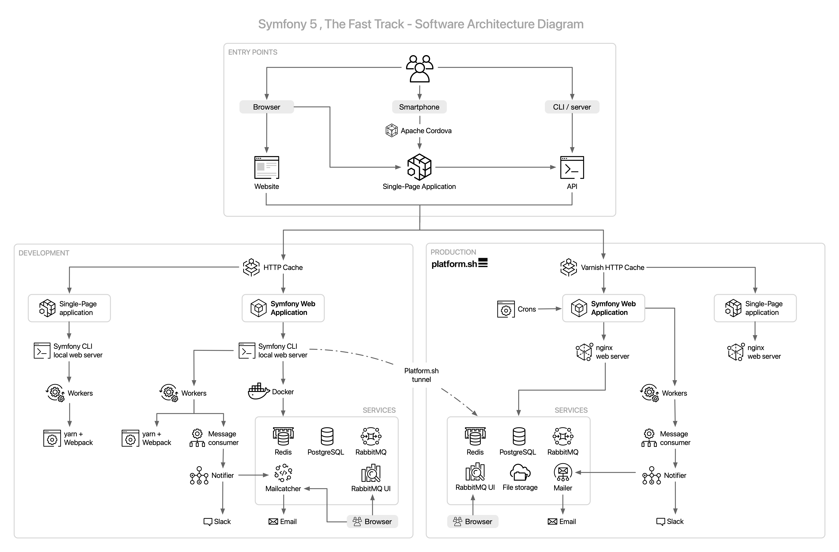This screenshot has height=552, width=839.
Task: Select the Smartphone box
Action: tap(419, 107)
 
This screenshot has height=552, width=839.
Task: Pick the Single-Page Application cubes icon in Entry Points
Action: tap(419, 167)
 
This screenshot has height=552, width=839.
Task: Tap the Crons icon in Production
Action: tap(506, 309)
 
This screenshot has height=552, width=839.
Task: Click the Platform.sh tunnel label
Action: tap(421, 375)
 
